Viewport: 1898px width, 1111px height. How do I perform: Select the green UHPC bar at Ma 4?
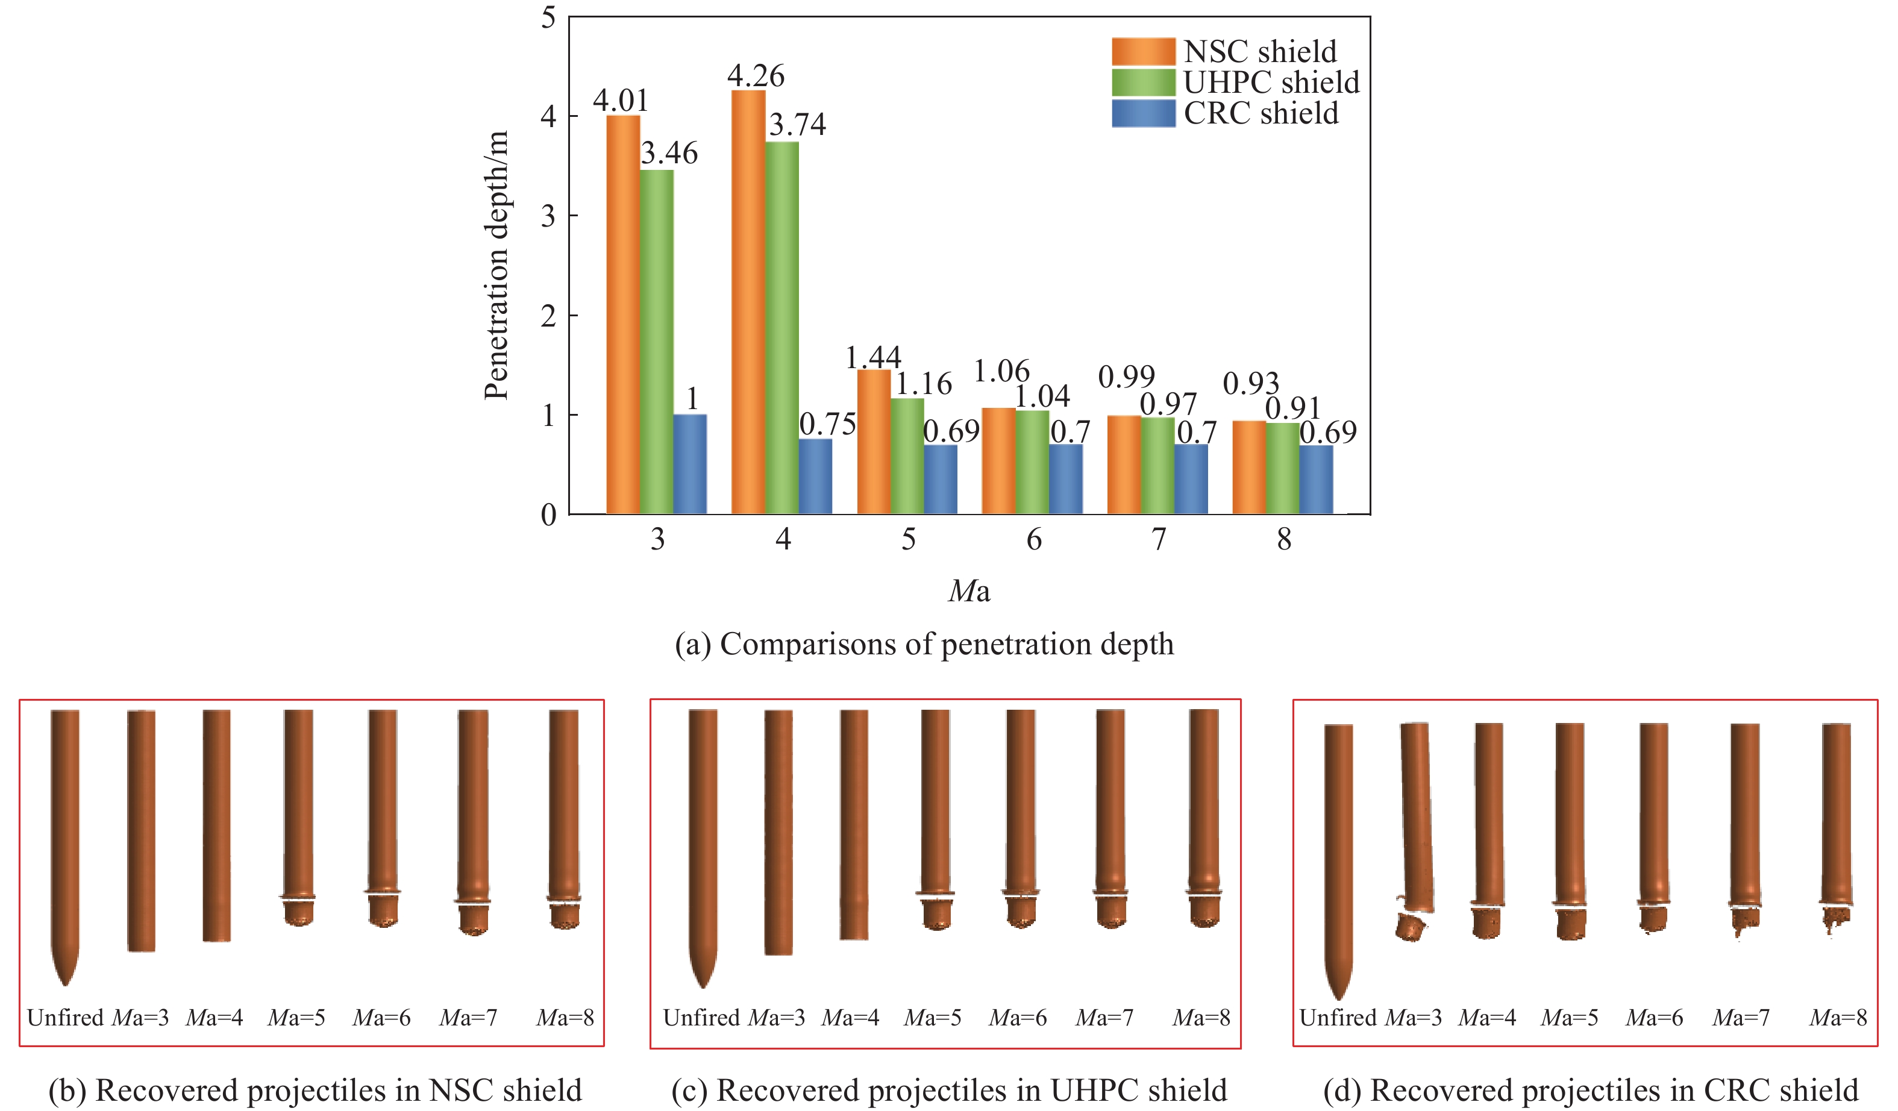(782, 328)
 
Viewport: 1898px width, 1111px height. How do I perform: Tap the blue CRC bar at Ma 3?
(690, 464)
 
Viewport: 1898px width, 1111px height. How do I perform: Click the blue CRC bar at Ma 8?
(1316, 480)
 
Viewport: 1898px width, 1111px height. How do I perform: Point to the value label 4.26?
(756, 76)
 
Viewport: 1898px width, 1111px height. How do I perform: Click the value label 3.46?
(669, 154)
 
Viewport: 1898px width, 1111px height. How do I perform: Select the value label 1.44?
(873, 357)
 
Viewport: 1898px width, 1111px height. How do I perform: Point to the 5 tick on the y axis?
(548, 17)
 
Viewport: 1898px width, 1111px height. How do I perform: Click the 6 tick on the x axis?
(1034, 539)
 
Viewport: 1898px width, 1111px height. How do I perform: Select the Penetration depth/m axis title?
(496, 265)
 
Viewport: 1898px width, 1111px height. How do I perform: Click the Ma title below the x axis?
(969, 591)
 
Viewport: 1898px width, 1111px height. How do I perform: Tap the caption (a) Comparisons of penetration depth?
(924, 645)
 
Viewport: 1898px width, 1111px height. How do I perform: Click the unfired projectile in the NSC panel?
(66, 843)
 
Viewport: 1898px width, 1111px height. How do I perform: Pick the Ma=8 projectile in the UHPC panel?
(1204, 817)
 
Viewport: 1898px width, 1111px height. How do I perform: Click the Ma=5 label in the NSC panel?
(296, 1018)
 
